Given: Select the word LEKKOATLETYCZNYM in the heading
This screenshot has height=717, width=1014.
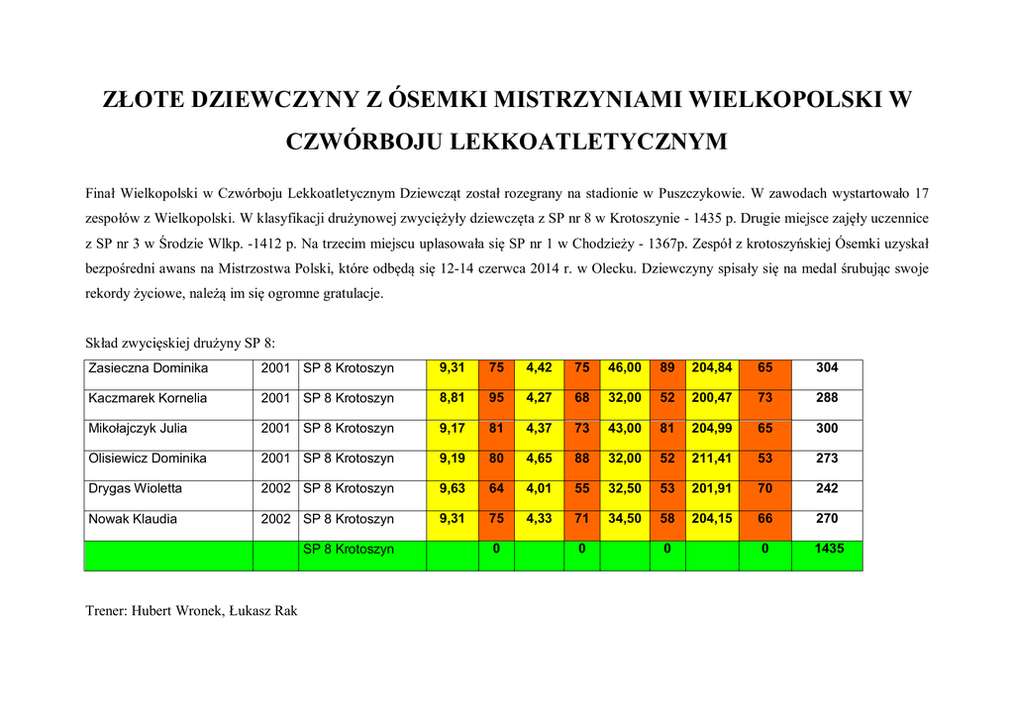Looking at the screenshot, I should [x=588, y=142].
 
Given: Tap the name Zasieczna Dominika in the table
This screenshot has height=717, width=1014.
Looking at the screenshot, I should [x=149, y=368].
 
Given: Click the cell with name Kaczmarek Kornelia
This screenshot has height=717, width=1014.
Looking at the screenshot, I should [x=148, y=398].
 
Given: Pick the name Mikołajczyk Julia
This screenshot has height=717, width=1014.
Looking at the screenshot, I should [x=138, y=429].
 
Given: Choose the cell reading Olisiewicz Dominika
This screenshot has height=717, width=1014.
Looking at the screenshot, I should [x=148, y=459].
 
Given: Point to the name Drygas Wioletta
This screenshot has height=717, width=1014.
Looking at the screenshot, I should [x=136, y=488].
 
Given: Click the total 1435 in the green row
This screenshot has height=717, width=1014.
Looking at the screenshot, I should [x=827, y=549].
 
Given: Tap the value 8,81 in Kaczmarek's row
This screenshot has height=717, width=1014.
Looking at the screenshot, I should [x=452, y=398].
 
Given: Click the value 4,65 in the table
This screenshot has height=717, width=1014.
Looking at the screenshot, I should [x=539, y=459].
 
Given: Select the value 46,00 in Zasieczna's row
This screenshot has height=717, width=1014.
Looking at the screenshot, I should [x=625, y=368].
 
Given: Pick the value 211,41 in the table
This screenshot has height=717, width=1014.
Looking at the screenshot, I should [x=712, y=459].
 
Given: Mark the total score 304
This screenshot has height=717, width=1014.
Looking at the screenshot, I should [x=827, y=368].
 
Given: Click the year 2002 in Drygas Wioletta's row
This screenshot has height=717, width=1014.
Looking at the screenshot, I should [x=275, y=488].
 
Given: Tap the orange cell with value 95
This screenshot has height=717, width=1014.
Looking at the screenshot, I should [x=496, y=398].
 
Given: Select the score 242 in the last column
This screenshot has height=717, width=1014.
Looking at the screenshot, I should [x=827, y=488].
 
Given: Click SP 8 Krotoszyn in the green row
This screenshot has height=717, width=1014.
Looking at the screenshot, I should [x=349, y=549].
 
